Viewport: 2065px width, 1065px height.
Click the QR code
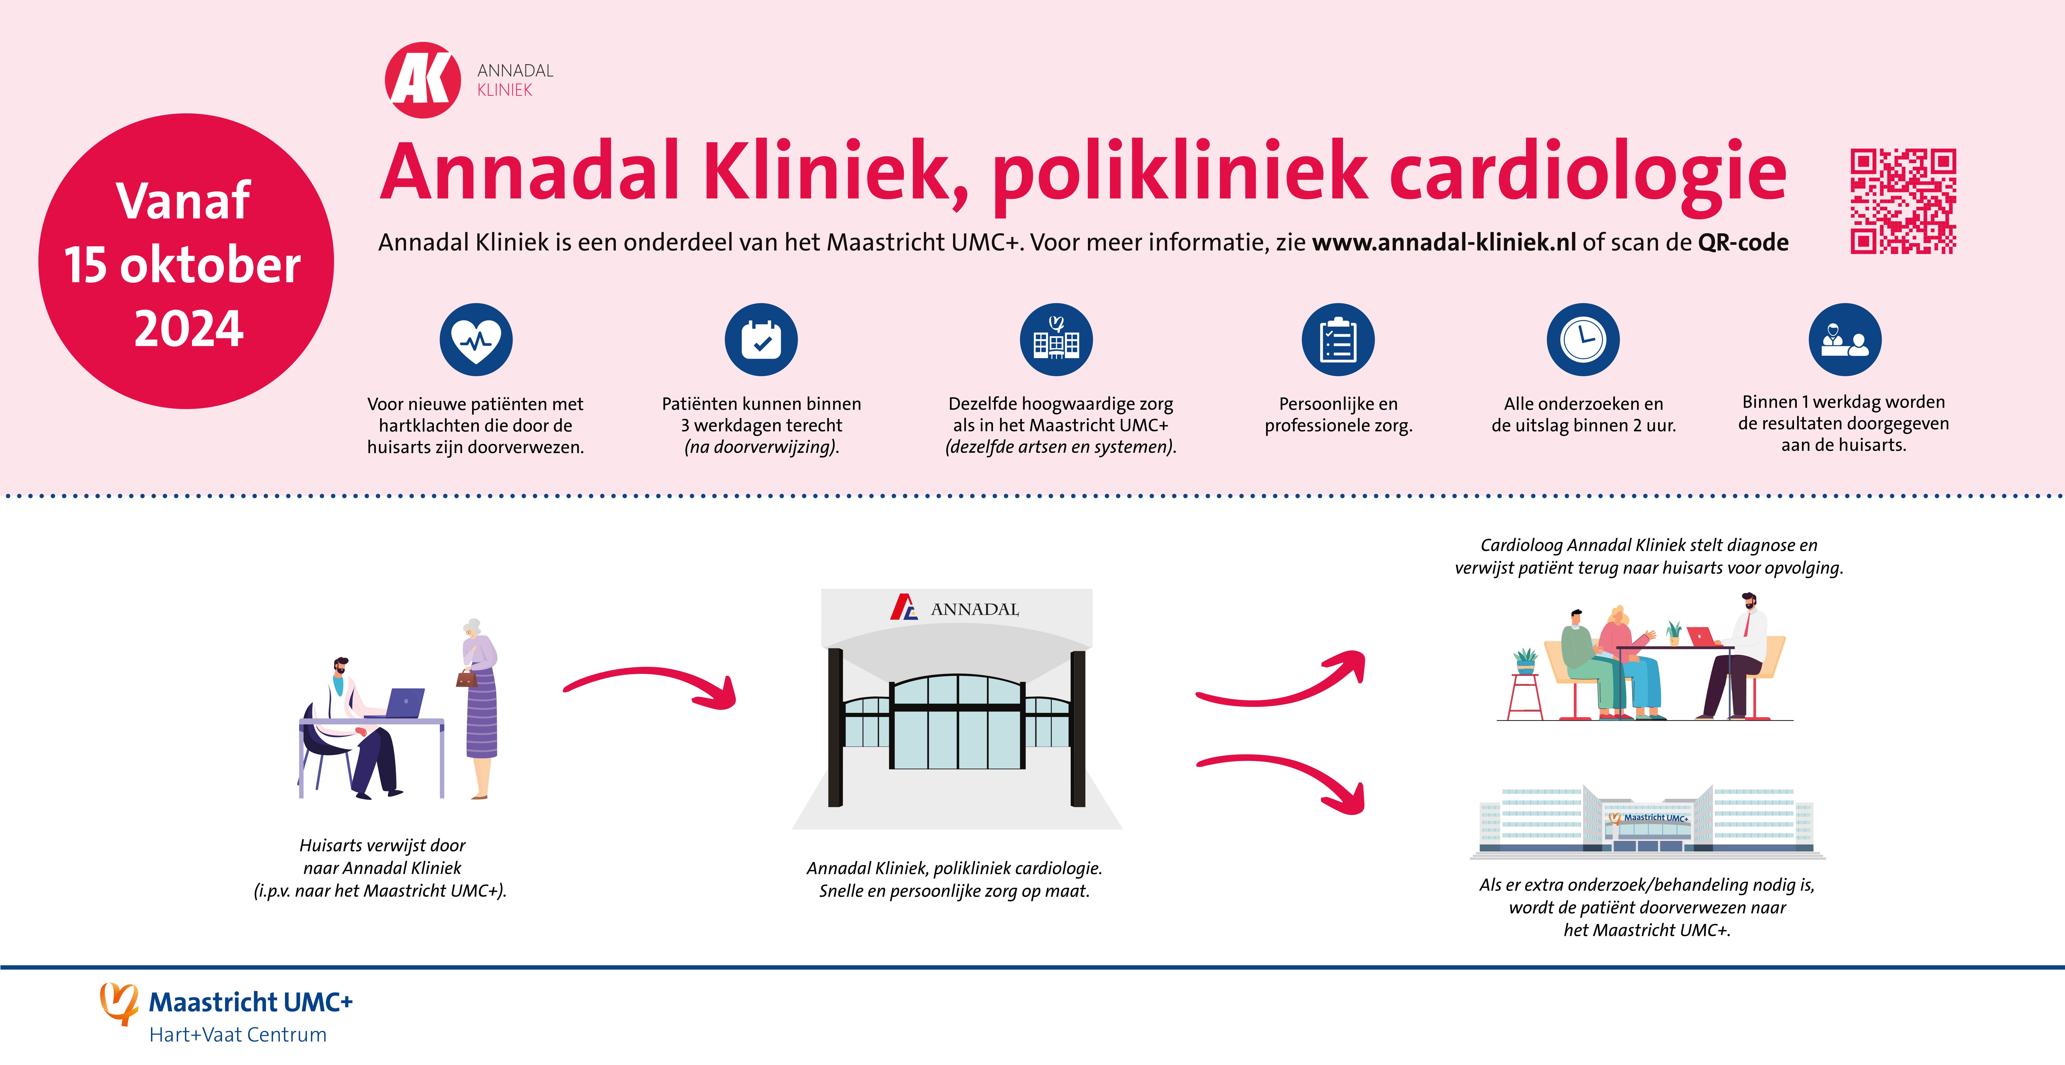click(1903, 201)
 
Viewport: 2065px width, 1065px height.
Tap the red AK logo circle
click(423, 80)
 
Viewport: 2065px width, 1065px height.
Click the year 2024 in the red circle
click(188, 329)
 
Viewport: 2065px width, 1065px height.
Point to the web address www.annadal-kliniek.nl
click(1444, 242)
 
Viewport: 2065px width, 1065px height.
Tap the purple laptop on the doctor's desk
click(405, 703)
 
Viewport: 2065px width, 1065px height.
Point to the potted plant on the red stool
click(1526, 662)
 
